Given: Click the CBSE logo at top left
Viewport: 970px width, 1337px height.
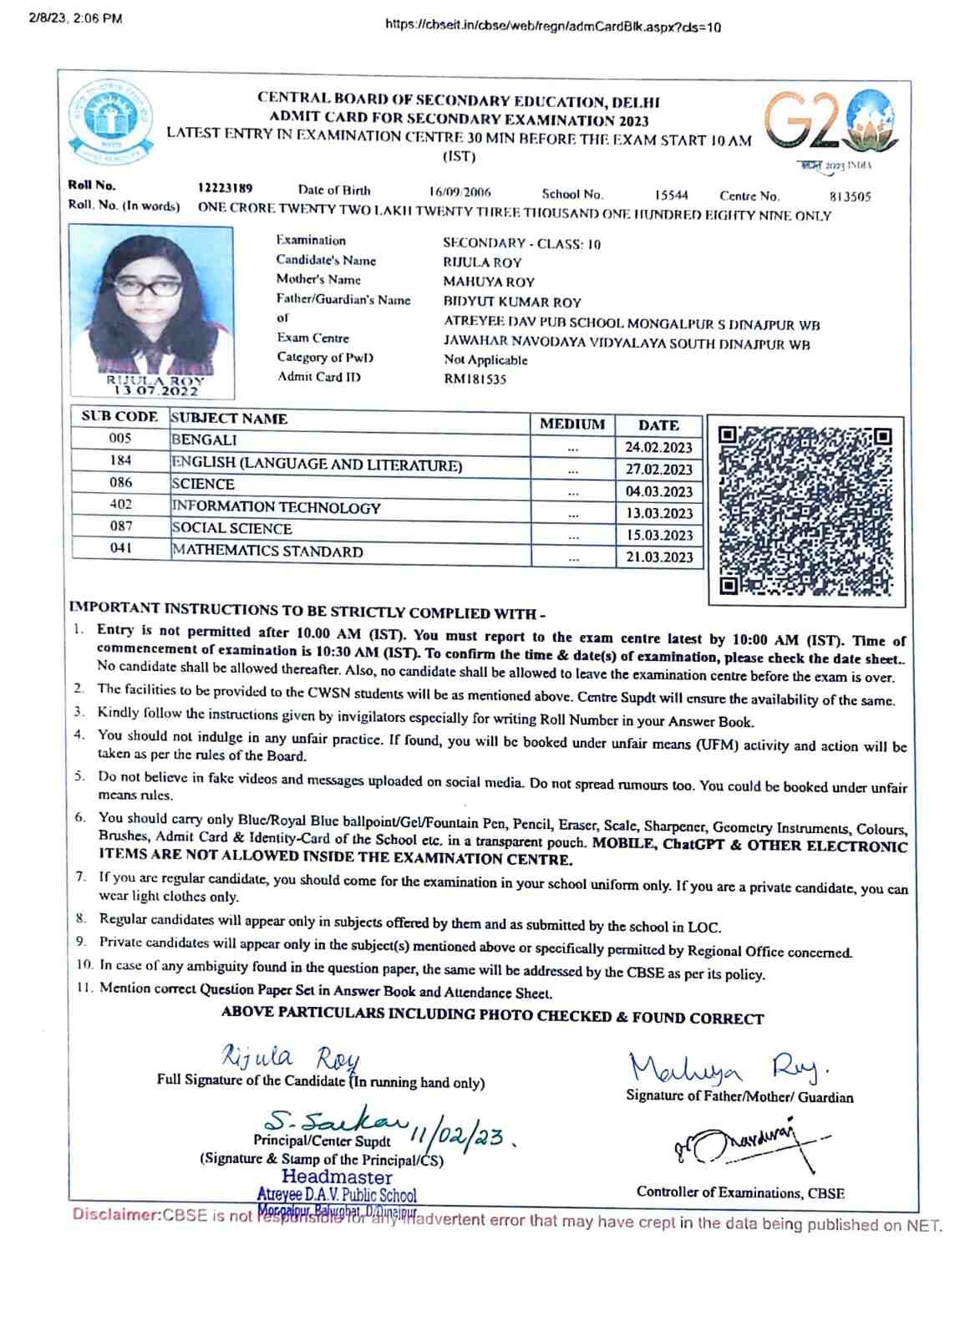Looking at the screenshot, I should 112,122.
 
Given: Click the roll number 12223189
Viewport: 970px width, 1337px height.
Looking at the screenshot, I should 226,189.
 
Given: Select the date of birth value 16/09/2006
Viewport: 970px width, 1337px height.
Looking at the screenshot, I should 460,192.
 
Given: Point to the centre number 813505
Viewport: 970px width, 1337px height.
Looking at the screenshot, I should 850,197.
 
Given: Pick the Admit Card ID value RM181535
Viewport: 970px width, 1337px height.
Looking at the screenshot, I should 475,379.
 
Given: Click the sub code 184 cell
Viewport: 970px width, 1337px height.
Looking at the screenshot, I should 120,460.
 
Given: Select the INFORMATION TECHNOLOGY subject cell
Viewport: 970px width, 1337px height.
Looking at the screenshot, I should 276,507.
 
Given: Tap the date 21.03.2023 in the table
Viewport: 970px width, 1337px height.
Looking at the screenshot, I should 659,557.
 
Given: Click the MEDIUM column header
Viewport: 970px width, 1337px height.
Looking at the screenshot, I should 572,424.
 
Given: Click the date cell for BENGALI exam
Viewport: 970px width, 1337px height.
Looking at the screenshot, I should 659,448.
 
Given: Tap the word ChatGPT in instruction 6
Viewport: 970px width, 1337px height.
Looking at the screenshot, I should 695,844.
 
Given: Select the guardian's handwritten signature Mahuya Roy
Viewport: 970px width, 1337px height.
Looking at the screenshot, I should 727,1068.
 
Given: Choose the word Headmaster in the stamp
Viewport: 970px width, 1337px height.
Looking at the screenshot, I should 337,1177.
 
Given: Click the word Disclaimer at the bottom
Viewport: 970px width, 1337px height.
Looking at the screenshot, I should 116,1214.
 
